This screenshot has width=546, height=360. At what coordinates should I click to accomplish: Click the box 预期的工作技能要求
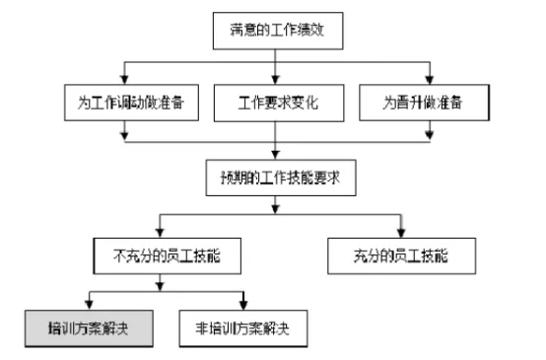[x=280, y=179]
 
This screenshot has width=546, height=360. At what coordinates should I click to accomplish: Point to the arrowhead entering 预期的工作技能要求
[x=280, y=156]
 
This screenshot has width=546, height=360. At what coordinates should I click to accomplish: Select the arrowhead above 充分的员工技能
[x=398, y=233]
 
